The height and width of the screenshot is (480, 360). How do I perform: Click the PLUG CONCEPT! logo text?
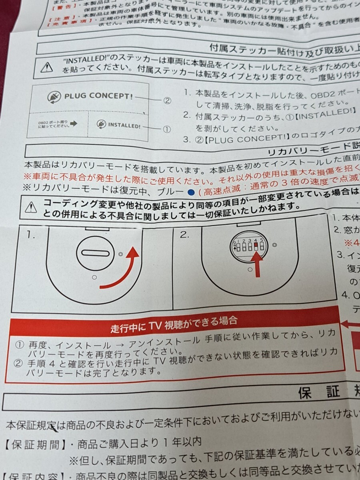pyautogui.click(x=98, y=96)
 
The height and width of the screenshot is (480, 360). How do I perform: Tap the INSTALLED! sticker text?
pyautogui.click(x=124, y=126)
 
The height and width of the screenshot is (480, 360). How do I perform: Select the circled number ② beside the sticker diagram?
pyautogui.click(x=167, y=100)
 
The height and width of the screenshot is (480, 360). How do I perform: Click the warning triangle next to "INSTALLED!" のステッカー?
pyautogui.click(x=47, y=67)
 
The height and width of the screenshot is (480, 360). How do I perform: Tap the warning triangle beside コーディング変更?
pyautogui.click(x=31, y=207)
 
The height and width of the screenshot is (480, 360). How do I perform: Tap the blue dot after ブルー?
pyautogui.click(x=191, y=192)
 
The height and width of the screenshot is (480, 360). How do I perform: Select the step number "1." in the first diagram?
pyautogui.click(x=31, y=235)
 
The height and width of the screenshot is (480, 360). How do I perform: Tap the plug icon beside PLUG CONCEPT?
pyautogui.click(x=53, y=96)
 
